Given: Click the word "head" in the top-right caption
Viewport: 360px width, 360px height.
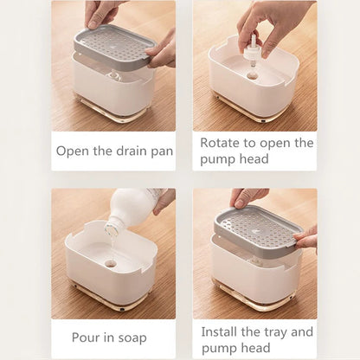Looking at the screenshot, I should coord(252,159).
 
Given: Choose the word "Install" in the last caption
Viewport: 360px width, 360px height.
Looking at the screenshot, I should coord(222,331).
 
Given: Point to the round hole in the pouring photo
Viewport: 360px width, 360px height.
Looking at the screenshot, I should coord(111,261).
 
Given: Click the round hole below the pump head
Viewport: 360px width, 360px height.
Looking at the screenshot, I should coord(252,76).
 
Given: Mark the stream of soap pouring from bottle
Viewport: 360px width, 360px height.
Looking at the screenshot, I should coord(109,238).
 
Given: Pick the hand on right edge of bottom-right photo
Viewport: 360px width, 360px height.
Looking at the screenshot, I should coord(308,238).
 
